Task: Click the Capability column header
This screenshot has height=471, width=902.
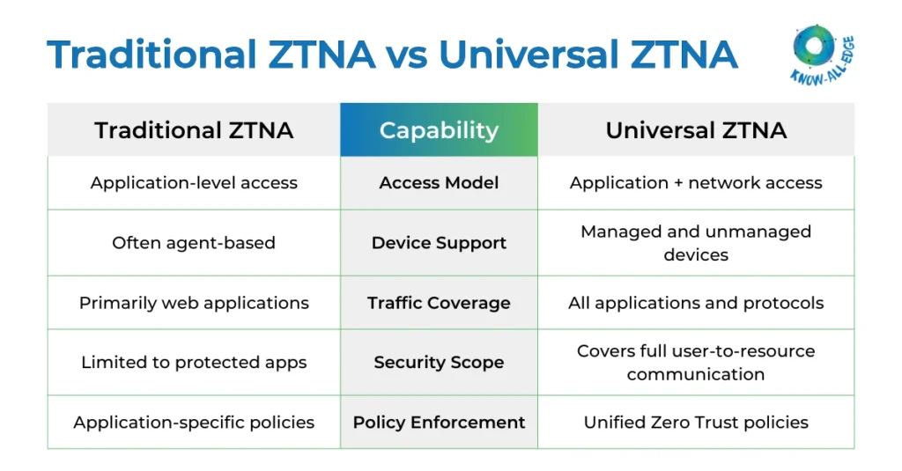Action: pyautogui.click(x=439, y=130)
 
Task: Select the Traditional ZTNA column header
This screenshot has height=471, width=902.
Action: pyautogui.click(x=194, y=130)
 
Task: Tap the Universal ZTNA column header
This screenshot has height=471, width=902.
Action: pyautogui.click(x=696, y=130)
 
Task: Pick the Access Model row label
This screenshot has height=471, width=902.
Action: pyautogui.click(x=439, y=183)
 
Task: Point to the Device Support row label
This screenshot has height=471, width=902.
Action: pyautogui.click(x=439, y=243)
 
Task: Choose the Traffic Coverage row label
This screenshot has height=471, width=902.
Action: pyautogui.click(x=439, y=303)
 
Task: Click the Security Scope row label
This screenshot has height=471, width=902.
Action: pyautogui.click(x=439, y=363)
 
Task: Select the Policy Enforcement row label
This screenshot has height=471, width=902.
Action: pyautogui.click(x=439, y=423)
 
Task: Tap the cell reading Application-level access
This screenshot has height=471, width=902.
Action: pyautogui.click(x=194, y=183)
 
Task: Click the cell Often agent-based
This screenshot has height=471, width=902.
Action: pyautogui.click(x=194, y=243)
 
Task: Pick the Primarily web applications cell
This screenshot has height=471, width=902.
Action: pyautogui.click(x=194, y=303)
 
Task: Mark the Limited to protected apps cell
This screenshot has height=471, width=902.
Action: pyautogui.click(x=194, y=363)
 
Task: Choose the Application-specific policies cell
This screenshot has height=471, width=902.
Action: pyautogui.click(x=194, y=423)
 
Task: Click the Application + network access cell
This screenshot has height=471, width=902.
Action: pyautogui.click(x=696, y=183)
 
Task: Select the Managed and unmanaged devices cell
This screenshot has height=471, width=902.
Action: pyautogui.click(x=696, y=243)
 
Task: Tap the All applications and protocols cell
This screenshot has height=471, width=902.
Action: pyautogui.click(x=696, y=303)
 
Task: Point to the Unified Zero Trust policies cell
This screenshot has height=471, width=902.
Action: pyautogui.click(x=696, y=423)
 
